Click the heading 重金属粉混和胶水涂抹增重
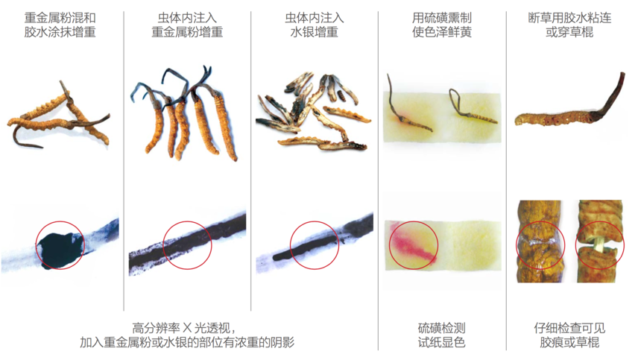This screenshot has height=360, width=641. click(x=60, y=25)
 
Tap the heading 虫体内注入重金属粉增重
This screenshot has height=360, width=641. click(x=187, y=25)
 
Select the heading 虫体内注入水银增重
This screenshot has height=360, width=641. click(x=314, y=25)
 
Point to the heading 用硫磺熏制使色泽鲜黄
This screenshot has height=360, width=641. click(x=441, y=25)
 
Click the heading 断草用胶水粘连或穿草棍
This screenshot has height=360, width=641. click(x=569, y=25)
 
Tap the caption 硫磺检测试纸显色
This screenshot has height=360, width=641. click(x=441, y=335)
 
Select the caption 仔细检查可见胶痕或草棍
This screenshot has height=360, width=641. click(x=569, y=335)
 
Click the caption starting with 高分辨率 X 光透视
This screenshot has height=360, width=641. click(x=187, y=335)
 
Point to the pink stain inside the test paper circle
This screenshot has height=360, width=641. click(x=410, y=244)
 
